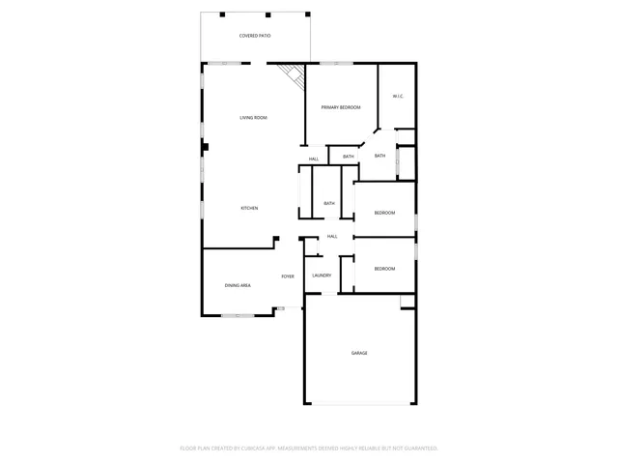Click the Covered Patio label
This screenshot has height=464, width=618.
pyautogui.click(x=255, y=36)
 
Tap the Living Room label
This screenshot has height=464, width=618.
pyautogui.click(x=254, y=118)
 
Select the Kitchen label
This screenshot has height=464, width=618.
pyautogui.click(x=249, y=208)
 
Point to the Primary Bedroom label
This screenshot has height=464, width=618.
pyautogui.click(x=341, y=107)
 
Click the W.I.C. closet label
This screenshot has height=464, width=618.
pyautogui.click(x=397, y=96)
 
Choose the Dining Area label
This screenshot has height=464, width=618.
pyautogui.click(x=238, y=286)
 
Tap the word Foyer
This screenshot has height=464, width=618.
pyautogui.click(x=288, y=276)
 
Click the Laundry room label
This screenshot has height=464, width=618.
pyautogui.click(x=322, y=275)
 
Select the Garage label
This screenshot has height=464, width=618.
pyautogui.click(x=359, y=353)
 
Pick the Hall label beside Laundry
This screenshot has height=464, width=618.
pyautogui.click(x=332, y=236)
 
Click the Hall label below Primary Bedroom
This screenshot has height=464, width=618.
pyautogui.click(x=314, y=159)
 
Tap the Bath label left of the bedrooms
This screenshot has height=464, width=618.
pyautogui.click(x=329, y=203)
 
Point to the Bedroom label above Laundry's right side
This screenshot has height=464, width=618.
pyautogui.click(x=384, y=268)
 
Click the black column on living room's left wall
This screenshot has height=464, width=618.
pyautogui.click(x=205, y=146)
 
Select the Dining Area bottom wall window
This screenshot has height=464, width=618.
pyautogui.click(x=238, y=315)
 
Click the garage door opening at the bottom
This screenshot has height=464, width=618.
pyautogui.click(x=359, y=403)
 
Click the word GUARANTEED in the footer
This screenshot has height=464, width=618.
pyautogui.click(x=418, y=448)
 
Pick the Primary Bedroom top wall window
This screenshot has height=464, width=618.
pyautogui.click(x=336, y=64)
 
